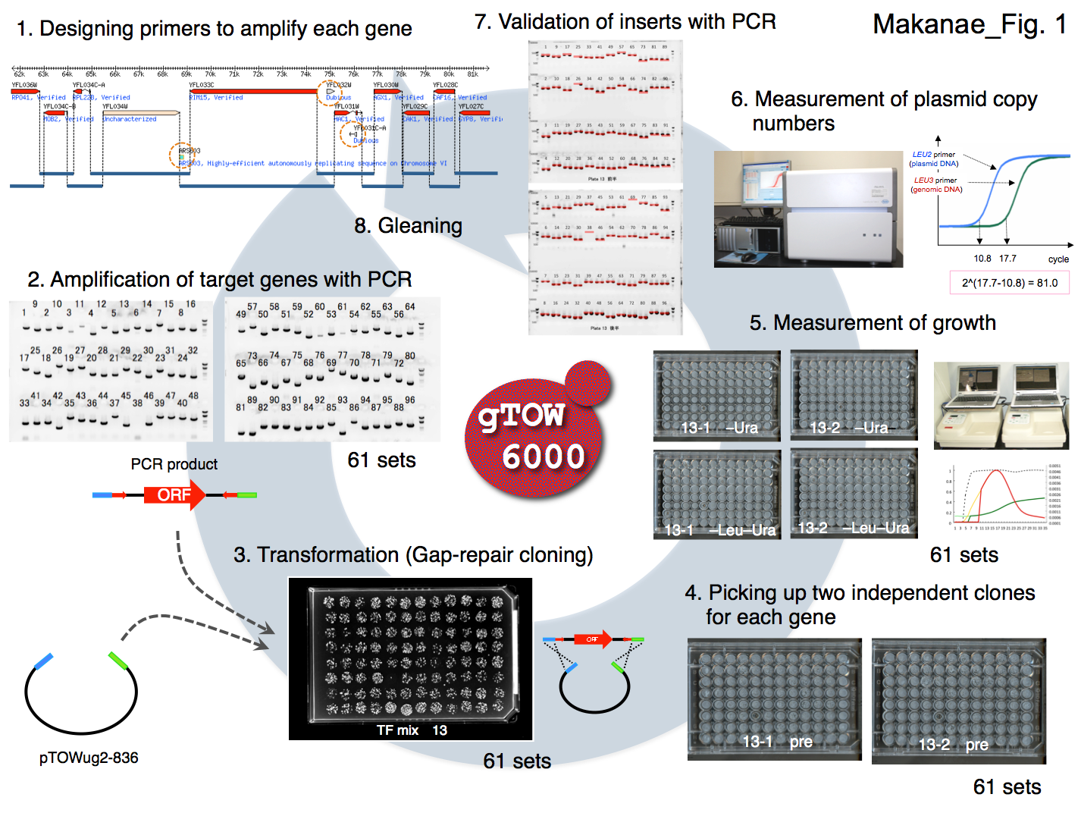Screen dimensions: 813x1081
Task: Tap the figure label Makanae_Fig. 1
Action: [x=969, y=24]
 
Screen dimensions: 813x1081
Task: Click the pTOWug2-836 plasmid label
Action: [x=89, y=758]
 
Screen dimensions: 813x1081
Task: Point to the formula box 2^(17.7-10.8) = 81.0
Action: [x=1009, y=283]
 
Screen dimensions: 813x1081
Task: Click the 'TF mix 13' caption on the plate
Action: [x=412, y=730]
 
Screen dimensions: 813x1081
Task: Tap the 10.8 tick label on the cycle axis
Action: [x=982, y=259]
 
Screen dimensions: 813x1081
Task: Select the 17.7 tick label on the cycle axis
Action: [x=1007, y=259]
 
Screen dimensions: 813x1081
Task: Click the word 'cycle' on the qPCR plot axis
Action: [x=1058, y=259]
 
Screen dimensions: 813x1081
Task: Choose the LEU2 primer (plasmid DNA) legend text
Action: [x=934, y=159]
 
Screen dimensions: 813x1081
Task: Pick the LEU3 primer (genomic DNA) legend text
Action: [x=936, y=185]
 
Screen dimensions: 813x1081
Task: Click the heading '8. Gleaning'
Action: [x=408, y=225]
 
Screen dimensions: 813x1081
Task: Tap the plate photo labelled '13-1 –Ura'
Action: [x=716, y=395]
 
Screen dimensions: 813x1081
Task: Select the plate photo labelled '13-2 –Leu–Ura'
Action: [x=854, y=493]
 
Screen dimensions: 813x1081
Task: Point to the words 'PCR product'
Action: [x=174, y=464]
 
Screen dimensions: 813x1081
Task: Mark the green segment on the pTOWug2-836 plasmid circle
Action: [x=118, y=661]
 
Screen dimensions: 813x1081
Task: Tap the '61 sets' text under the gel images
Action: [x=381, y=460]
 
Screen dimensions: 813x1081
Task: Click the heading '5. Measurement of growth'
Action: [x=873, y=323]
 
